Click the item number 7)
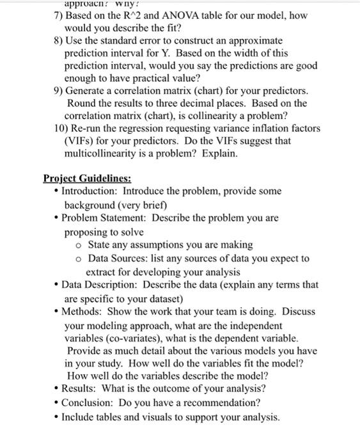pyautogui.click(x=58, y=15)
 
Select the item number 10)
pyautogui.click(x=63, y=128)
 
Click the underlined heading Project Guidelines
pyautogui.click(x=87, y=179)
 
